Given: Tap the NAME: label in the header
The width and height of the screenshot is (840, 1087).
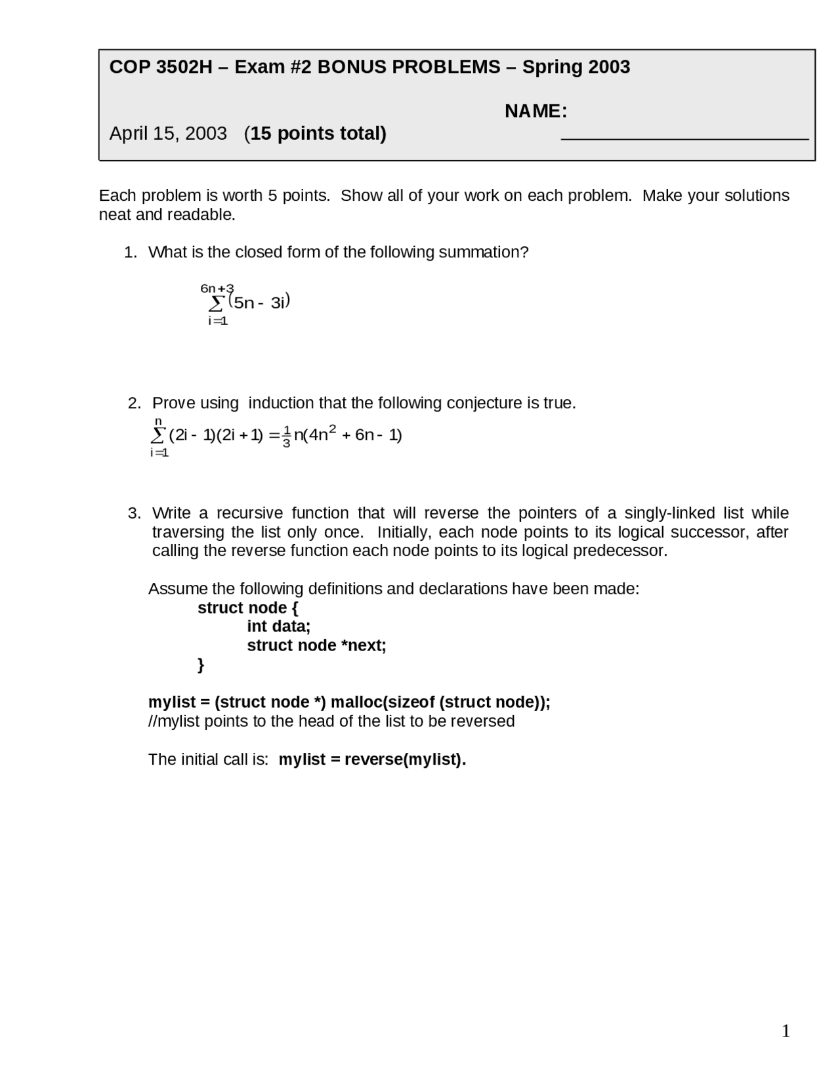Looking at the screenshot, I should coord(535,112).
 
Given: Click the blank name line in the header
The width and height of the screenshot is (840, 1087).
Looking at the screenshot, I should coord(684,139).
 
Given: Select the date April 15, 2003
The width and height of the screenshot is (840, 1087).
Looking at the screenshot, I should coord(168,134).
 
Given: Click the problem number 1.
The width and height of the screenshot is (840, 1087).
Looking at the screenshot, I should coord(130,253).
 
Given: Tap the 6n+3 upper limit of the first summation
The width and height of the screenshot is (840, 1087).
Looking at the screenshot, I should coord(217,289).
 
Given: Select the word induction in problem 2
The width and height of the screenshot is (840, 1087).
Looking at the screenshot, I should coord(281,403).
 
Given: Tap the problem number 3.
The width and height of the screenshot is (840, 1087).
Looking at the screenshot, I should coord(134,513).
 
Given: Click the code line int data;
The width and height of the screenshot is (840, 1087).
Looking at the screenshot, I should coord(278,627).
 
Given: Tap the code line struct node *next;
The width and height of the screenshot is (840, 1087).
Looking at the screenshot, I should coord(316,646).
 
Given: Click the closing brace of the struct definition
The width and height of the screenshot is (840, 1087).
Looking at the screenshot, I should coord(201,665).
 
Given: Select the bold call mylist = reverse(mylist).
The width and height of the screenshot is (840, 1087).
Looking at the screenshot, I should coord(372,759).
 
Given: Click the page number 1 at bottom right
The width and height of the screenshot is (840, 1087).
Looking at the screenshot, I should coord(786,1032).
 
